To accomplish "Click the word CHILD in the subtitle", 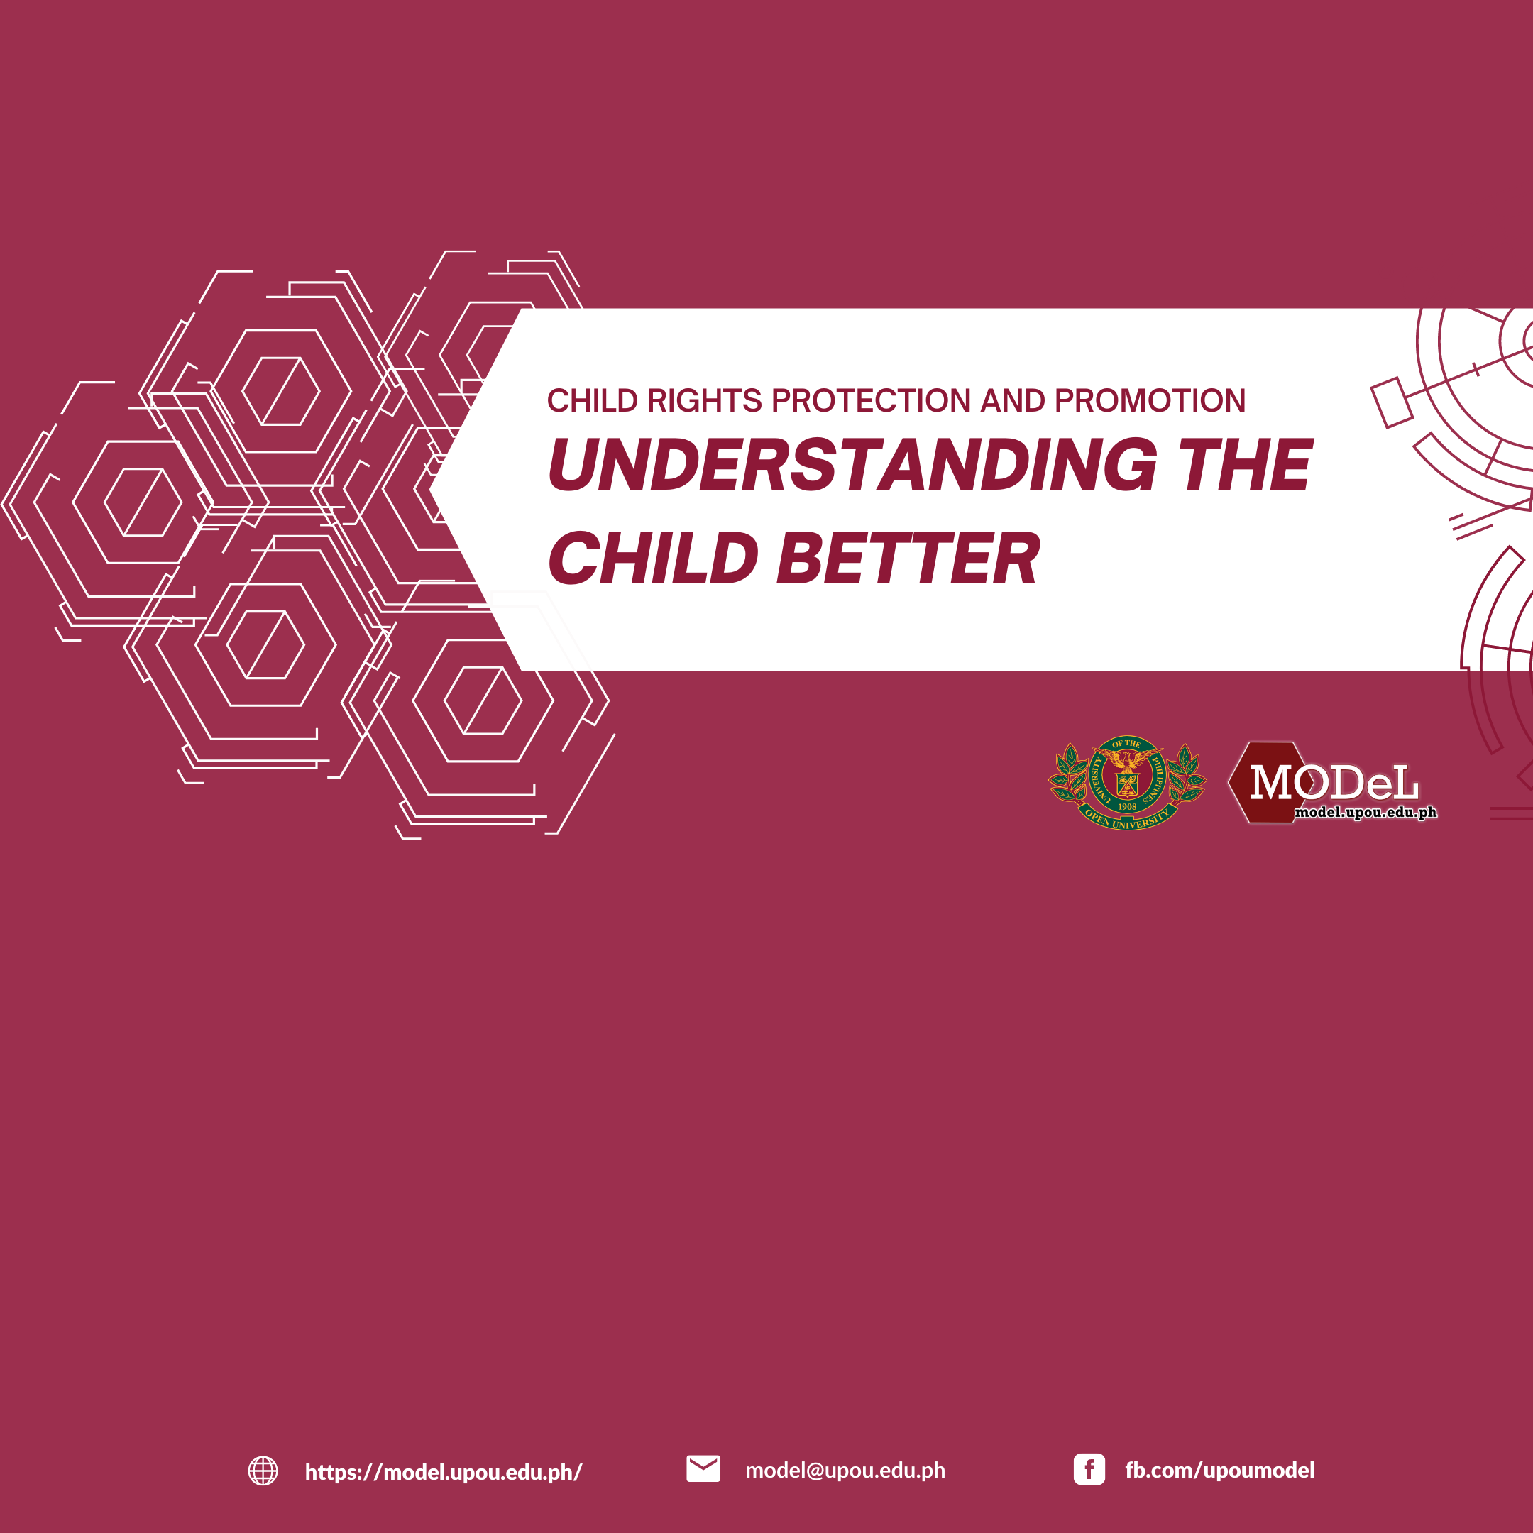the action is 593,401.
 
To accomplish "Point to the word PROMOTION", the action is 1150,401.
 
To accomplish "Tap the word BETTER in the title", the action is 908,559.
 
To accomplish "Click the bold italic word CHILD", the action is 653,559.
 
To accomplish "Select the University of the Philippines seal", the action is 1127,782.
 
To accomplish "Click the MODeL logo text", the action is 1334,782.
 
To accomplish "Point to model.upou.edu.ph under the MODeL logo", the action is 1366,813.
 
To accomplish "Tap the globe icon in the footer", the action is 263,1471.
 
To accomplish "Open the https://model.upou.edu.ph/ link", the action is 444,1472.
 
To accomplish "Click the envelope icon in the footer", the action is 703,1468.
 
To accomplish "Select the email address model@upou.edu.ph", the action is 845,1471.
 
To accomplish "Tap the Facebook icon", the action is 1089,1470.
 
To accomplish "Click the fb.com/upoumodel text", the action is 1219,1471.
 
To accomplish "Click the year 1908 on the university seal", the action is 1127,806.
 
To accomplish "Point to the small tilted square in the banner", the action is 1392,402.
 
